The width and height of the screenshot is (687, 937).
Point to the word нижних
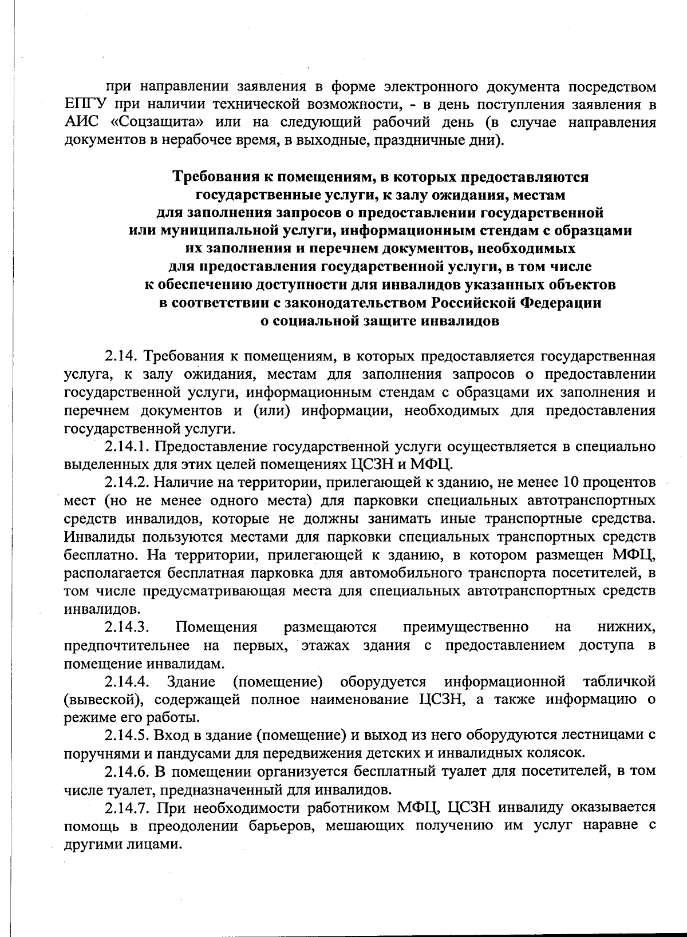point(626,628)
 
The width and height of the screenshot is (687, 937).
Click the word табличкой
point(618,682)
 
